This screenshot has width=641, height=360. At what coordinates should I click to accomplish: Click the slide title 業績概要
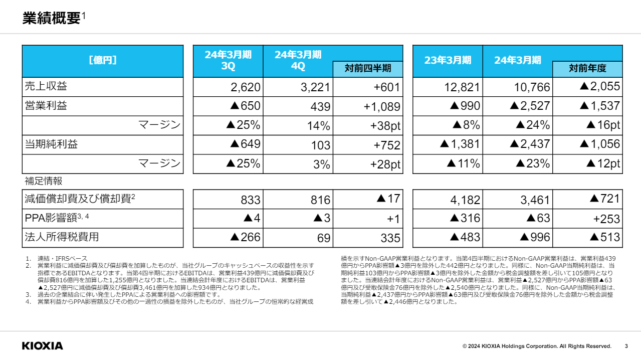tap(52, 18)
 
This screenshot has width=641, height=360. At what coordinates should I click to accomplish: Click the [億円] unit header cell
tap(103, 61)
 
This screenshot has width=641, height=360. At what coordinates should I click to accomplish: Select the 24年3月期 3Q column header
tap(228, 60)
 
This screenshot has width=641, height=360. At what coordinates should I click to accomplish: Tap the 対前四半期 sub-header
tap(368, 68)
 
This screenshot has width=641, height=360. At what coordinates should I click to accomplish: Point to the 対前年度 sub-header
tap(587, 68)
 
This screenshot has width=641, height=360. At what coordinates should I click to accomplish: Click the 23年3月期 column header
tap(448, 61)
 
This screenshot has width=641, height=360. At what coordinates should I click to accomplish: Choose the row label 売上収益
tap(46, 86)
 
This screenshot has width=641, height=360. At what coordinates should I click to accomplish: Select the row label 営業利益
tap(46, 106)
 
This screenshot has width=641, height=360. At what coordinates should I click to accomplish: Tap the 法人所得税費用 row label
tap(62, 237)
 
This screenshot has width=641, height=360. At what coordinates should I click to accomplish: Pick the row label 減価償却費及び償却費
tap(78, 199)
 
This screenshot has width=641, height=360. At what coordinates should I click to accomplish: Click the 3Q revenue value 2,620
tap(246, 87)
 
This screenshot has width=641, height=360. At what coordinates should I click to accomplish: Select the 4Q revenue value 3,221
tap(316, 87)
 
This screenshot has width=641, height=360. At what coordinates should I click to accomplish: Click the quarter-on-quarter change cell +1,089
tap(381, 107)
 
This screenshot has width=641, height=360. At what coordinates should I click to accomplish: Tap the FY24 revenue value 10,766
tap(532, 87)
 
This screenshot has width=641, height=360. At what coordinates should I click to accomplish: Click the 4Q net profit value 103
tap(321, 145)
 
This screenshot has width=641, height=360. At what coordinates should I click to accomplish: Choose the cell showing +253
tap(606, 219)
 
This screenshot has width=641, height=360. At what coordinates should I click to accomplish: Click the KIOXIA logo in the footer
tap(43, 346)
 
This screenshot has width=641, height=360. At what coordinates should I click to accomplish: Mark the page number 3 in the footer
tap(626, 346)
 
